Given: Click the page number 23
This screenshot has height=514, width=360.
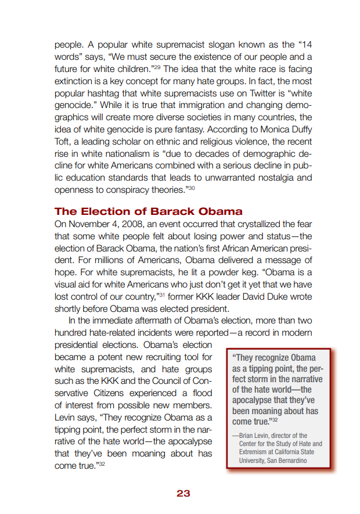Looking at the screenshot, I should click(x=183, y=493).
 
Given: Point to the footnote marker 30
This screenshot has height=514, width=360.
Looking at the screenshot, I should click(x=191, y=188).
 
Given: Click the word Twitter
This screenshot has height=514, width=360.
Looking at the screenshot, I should click(x=250, y=94).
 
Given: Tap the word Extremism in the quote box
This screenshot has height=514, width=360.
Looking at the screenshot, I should click(x=254, y=452).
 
